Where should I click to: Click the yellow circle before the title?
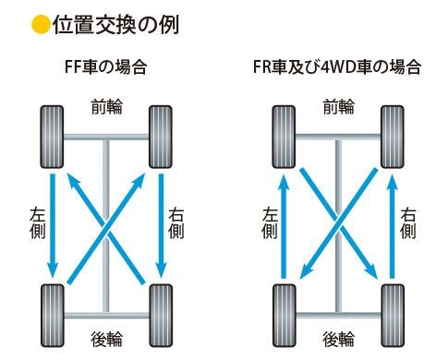[x=40, y=24]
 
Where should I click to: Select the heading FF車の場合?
[x=106, y=68]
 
